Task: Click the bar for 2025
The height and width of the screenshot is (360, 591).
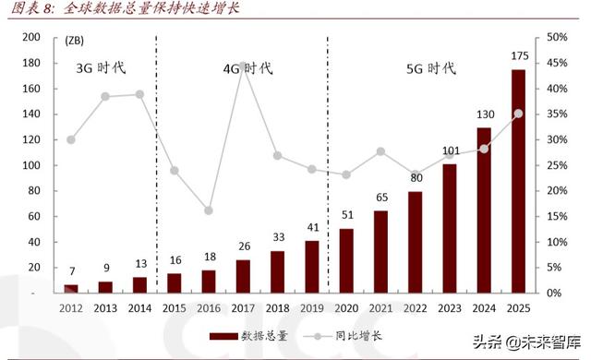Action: pyautogui.click(x=519, y=181)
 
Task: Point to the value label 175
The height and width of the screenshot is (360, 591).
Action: pyautogui.click(x=519, y=56)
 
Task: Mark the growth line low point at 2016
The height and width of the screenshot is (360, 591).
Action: pyautogui.click(x=209, y=210)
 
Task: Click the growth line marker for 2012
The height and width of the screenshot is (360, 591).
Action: pyautogui.click(x=71, y=139)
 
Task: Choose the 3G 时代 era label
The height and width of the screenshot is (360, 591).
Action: pyautogui.click(x=101, y=67)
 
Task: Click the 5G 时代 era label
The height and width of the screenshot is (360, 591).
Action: pyautogui.click(x=431, y=68)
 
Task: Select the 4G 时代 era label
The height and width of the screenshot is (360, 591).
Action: pyautogui.click(x=248, y=68)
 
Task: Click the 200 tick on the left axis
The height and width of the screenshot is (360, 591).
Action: pyautogui.click(x=31, y=37)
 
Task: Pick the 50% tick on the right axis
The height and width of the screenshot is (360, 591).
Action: pyautogui.click(x=556, y=37)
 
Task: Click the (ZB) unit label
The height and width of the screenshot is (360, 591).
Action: pyautogui.click(x=77, y=39)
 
